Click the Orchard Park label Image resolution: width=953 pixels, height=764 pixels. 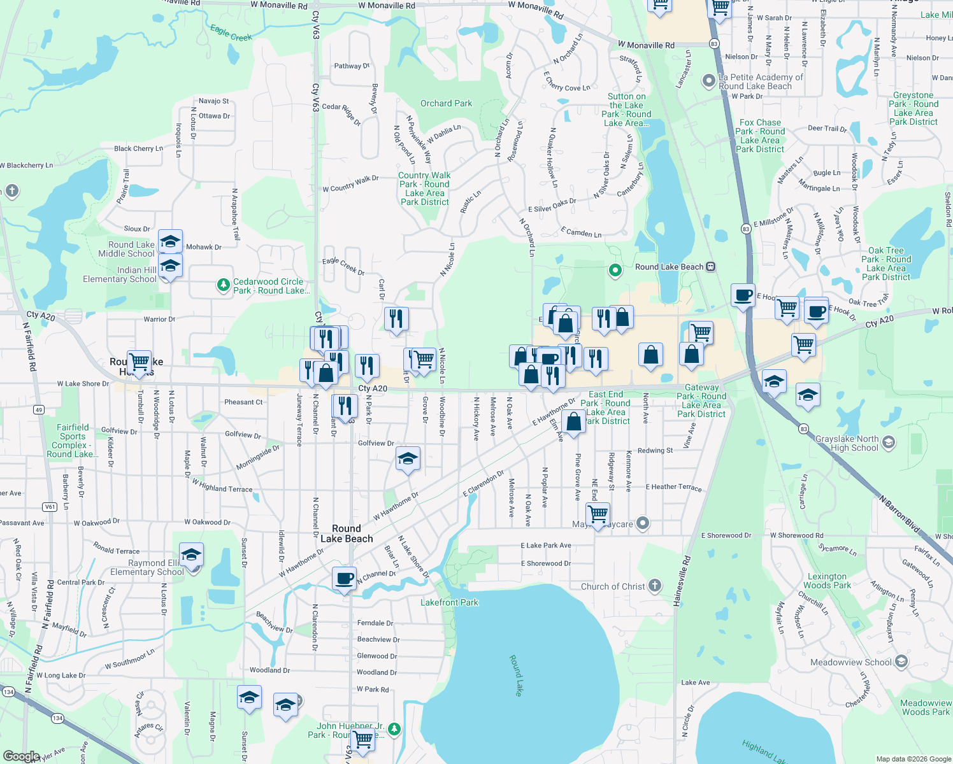[x=446, y=103]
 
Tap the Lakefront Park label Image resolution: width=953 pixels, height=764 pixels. [x=449, y=602]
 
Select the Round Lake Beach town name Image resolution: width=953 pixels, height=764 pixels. [x=347, y=534]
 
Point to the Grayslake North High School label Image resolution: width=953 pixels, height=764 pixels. [x=847, y=444]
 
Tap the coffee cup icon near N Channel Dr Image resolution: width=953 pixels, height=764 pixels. [x=344, y=579]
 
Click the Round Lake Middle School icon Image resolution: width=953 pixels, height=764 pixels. [x=170, y=242]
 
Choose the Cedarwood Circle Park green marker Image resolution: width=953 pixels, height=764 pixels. [x=223, y=285]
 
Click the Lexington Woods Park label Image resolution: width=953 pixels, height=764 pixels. [x=827, y=581]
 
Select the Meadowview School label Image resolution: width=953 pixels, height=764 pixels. [x=850, y=662]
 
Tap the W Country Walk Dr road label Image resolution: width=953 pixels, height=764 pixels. [x=350, y=184]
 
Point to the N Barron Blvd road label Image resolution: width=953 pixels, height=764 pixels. [x=899, y=514]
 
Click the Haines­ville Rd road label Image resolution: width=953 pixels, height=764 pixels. [x=682, y=581]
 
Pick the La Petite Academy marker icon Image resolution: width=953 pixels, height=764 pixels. [x=708, y=81]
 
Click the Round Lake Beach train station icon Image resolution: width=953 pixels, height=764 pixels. [x=711, y=267]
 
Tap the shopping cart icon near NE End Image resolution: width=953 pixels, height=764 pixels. [x=598, y=513]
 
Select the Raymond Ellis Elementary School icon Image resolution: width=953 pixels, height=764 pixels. [x=191, y=555]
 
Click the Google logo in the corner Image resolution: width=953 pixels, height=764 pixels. [x=21, y=756]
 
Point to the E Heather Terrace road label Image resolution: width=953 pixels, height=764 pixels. [x=673, y=487]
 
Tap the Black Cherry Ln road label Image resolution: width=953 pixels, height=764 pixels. [x=138, y=148]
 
